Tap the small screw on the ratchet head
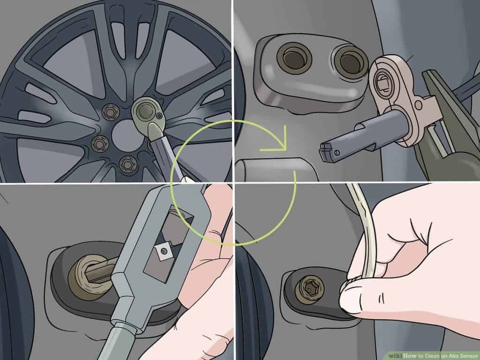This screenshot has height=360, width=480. (x=159, y=115)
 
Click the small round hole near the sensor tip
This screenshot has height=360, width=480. (x=337, y=152)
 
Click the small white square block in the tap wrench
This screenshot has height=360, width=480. (x=164, y=251)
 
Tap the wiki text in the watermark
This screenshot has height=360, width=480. (x=395, y=356)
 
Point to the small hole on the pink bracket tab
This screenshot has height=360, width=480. (x=418, y=105)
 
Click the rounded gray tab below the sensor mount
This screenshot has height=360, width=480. (x=276, y=170)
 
